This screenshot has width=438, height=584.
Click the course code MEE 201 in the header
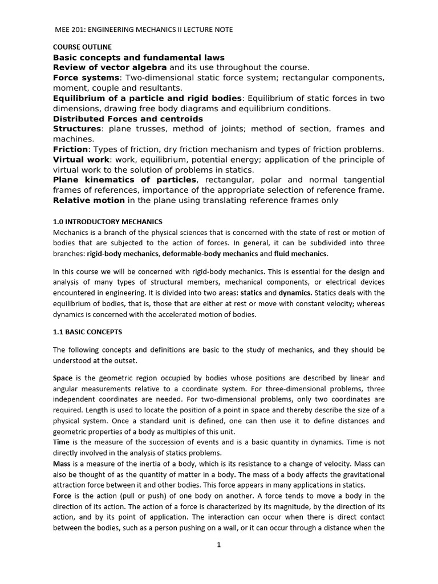coord(68,29)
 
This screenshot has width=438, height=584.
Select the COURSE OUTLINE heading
coord(83,47)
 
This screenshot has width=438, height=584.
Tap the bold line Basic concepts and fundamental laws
coord(139,57)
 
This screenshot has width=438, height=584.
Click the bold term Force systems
coord(86,78)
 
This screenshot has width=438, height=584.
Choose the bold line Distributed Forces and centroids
coord(128,119)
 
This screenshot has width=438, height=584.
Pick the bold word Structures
coord(78,129)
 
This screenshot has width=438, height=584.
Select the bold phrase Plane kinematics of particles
coord(125,180)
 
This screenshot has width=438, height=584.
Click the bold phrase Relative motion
coord(88,200)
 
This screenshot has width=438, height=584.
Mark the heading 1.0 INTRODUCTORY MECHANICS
coord(108,221)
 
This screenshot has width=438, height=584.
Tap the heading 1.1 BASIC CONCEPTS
coord(87,331)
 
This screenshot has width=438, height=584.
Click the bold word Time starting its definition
coord(61,442)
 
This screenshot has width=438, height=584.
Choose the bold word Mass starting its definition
coord(62,464)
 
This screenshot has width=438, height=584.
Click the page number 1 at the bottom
coord(218,545)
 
